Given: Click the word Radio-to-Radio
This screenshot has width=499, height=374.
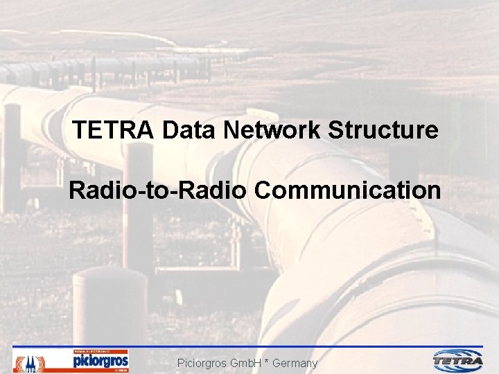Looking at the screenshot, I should click(x=157, y=190).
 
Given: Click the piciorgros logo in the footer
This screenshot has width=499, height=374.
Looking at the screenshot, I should click(x=100, y=361).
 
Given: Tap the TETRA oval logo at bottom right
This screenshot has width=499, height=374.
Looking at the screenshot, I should click(x=458, y=360).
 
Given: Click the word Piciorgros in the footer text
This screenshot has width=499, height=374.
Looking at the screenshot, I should click(x=203, y=363).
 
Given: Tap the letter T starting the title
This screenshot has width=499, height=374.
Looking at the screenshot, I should click(x=79, y=130).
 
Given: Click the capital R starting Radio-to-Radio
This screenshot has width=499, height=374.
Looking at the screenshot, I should click(x=76, y=190).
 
